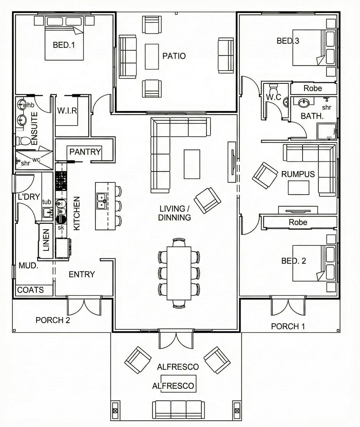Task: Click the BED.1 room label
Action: click(x=64, y=45)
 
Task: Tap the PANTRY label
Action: click(x=85, y=152)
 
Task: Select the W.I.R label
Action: click(x=67, y=111)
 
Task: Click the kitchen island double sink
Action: click(x=102, y=201)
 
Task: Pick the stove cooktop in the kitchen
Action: click(x=61, y=180)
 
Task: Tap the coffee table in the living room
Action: click(x=192, y=164)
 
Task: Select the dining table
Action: click(x=179, y=273)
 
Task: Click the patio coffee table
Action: click(x=152, y=57)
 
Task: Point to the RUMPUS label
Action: click(x=298, y=174)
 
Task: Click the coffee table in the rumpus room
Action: click(x=299, y=188)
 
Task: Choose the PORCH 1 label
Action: click(x=288, y=326)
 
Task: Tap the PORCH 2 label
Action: click(x=53, y=320)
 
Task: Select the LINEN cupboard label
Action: click(x=46, y=240)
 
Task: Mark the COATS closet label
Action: click(x=30, y=290)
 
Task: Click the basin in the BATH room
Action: click(x=304, y=103)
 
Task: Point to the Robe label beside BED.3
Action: click(x=313, y=88)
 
